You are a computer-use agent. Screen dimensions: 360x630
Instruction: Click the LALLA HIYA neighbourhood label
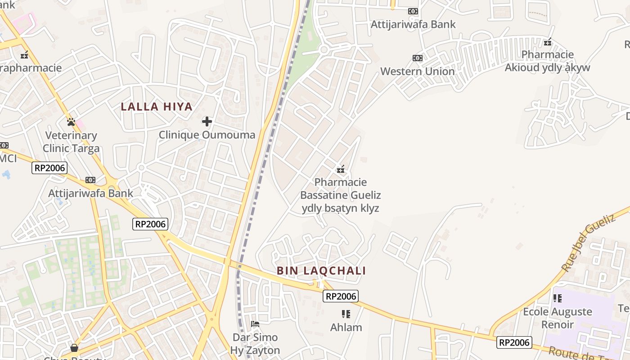157,107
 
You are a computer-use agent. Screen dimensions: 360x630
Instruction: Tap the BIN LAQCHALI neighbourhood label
321,270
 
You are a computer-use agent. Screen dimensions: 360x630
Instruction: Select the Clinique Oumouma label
207,135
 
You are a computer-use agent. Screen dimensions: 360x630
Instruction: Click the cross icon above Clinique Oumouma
207,121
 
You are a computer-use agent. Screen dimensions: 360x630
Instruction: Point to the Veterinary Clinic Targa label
71,142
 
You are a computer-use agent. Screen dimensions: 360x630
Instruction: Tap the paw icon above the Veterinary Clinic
71,121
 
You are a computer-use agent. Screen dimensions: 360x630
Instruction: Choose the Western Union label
418,71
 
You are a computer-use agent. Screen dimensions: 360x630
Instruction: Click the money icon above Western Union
418,58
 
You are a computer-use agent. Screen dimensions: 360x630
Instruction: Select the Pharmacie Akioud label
547,61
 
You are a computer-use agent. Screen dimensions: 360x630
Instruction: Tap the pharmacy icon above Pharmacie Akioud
548,42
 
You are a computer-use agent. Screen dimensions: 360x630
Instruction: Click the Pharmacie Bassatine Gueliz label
341,195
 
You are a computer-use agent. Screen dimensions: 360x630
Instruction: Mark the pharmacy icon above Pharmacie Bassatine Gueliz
341,169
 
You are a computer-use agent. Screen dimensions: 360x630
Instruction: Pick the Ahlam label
346,327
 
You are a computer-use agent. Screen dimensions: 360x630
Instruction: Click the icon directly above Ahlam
346,314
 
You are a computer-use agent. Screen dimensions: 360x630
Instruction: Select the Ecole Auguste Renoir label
558,318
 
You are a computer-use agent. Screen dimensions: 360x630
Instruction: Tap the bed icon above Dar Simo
255,324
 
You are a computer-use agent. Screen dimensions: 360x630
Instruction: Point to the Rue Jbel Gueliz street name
589,243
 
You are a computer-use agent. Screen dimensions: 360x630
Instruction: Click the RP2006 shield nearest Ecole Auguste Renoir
514,342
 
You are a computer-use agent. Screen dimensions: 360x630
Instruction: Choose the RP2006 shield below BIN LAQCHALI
341,296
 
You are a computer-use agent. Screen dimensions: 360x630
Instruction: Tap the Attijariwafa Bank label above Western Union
413,24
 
